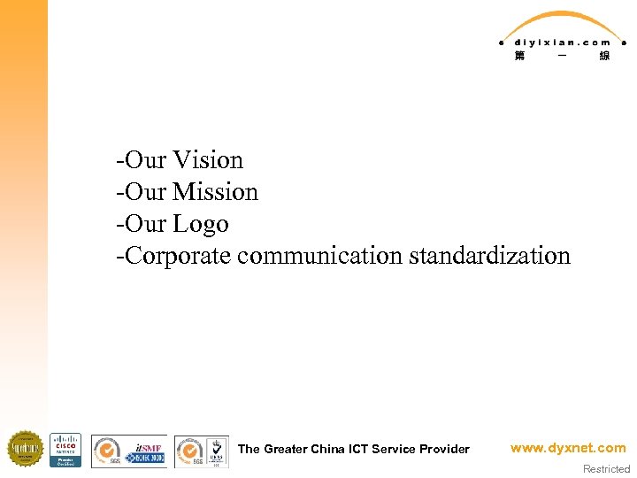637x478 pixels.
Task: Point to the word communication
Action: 320,256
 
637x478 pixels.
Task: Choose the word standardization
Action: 489,256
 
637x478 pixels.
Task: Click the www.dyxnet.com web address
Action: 568,448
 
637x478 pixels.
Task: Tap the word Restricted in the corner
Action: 606,469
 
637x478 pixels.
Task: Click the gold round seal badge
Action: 25,450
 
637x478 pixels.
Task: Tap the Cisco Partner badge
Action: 65,450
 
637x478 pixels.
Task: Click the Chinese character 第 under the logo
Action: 518,56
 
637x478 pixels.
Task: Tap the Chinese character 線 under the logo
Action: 604,56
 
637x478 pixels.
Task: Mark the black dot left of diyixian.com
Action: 501,42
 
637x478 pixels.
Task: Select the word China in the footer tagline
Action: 329,449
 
